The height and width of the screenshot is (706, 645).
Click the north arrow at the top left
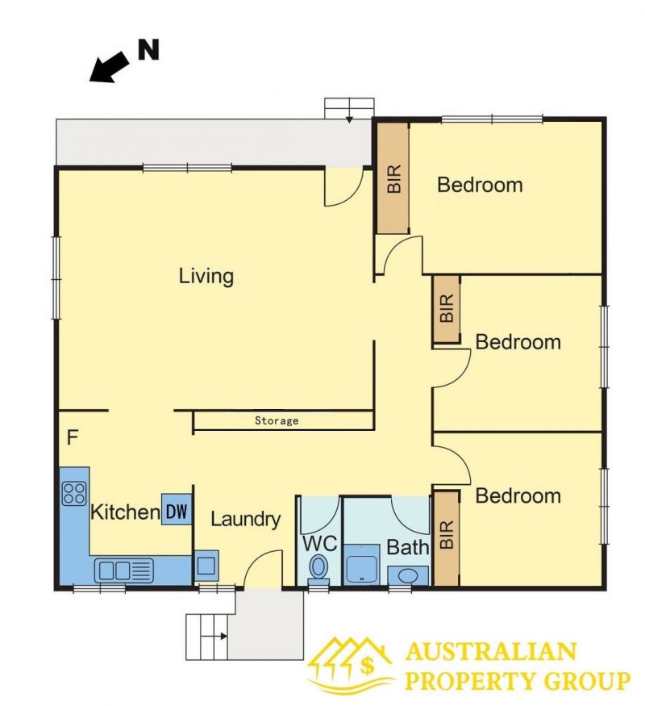point(108,67)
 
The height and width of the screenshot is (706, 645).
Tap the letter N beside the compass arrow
point(148,49)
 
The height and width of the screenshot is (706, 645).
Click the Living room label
point(206,277)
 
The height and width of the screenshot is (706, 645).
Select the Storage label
point(277,420)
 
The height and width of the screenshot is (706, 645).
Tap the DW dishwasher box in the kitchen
point(177,510)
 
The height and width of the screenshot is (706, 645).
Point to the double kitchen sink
point(123,570)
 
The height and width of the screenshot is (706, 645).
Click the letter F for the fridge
point(73,437)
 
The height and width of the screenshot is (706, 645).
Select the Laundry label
point(246,520)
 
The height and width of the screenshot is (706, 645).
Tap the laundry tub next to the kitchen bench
point(206,566)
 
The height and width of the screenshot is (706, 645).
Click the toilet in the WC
point(318,569)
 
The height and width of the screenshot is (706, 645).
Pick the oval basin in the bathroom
point(408,575)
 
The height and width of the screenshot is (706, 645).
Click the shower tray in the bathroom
point(362,565)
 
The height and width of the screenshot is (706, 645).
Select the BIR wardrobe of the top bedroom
point(393,178)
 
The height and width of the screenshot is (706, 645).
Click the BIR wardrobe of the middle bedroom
point(447,309)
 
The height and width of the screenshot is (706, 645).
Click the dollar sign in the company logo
point(367,666)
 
